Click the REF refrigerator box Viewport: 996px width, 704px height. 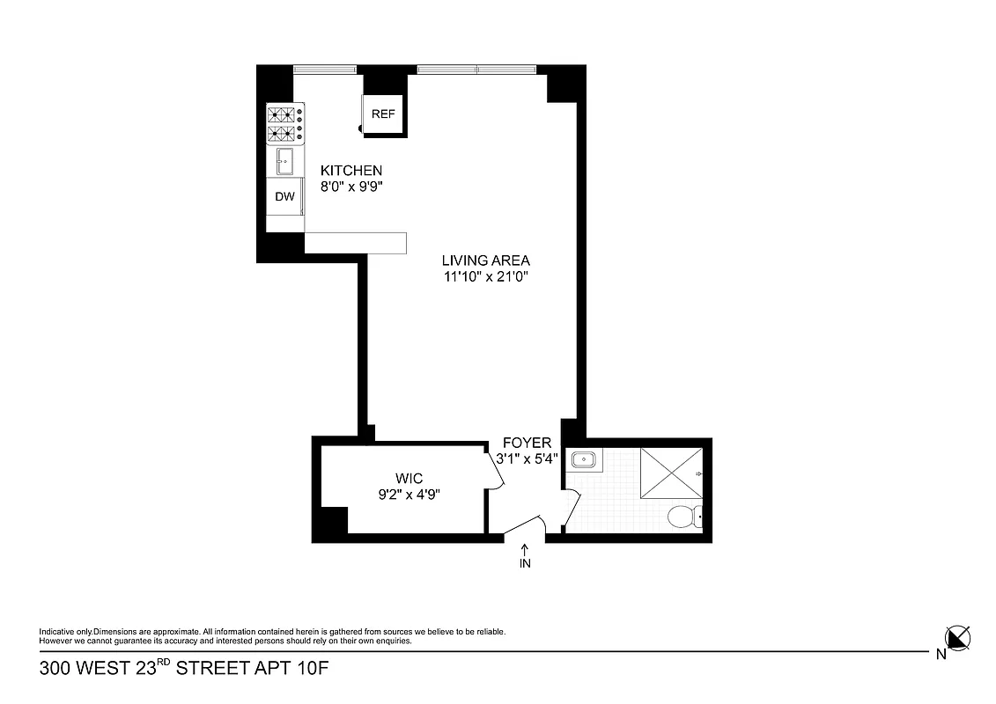point(383,114)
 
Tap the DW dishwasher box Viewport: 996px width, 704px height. point(284,197)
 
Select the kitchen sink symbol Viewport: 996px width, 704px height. point(285,161)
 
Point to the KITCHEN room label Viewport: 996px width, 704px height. point(350,171)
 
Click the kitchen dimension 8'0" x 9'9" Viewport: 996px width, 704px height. point(350,187)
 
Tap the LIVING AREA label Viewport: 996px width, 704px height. point(485,260)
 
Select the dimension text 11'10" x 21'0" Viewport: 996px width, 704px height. point(485,276)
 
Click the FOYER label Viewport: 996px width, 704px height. point(527,443)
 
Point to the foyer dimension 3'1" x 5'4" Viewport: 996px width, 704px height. point(527,458)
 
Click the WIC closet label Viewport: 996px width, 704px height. point(408,478)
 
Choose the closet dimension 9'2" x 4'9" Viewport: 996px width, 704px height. point(408,494)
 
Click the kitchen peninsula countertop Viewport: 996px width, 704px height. point(355,243)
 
